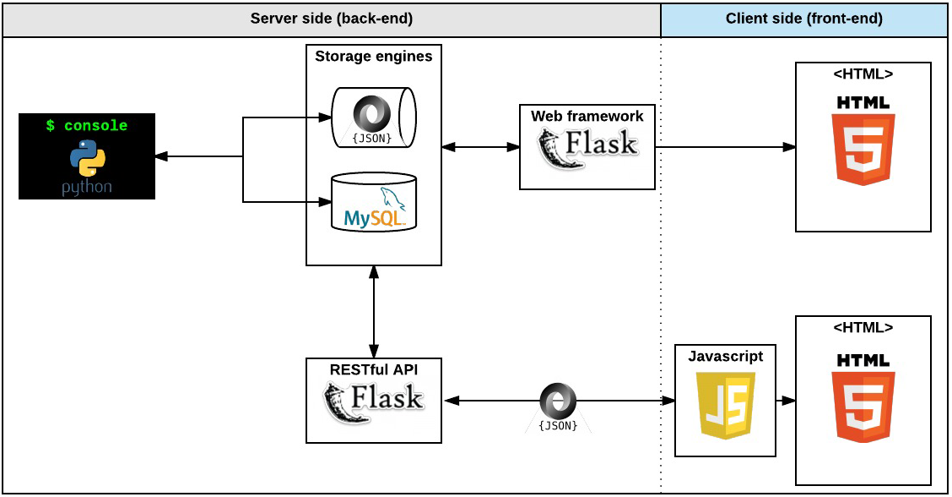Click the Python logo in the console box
point(87,158)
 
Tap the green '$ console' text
point(87,126)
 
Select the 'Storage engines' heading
point(373,57)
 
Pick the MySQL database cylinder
point(374,203)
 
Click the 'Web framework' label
point(587,116)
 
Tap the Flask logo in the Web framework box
point(587,148)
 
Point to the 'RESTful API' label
point(373,369)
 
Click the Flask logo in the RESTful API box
point(374,401)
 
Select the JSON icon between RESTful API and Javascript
point(558,404)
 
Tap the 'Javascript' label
point(725,356)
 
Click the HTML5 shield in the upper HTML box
point(863,140)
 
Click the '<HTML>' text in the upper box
point(863,74)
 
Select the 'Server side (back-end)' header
point(331,19)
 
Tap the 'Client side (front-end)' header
point(803,19)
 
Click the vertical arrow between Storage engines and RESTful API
point(373,311)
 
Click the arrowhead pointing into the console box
point(161,156)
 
